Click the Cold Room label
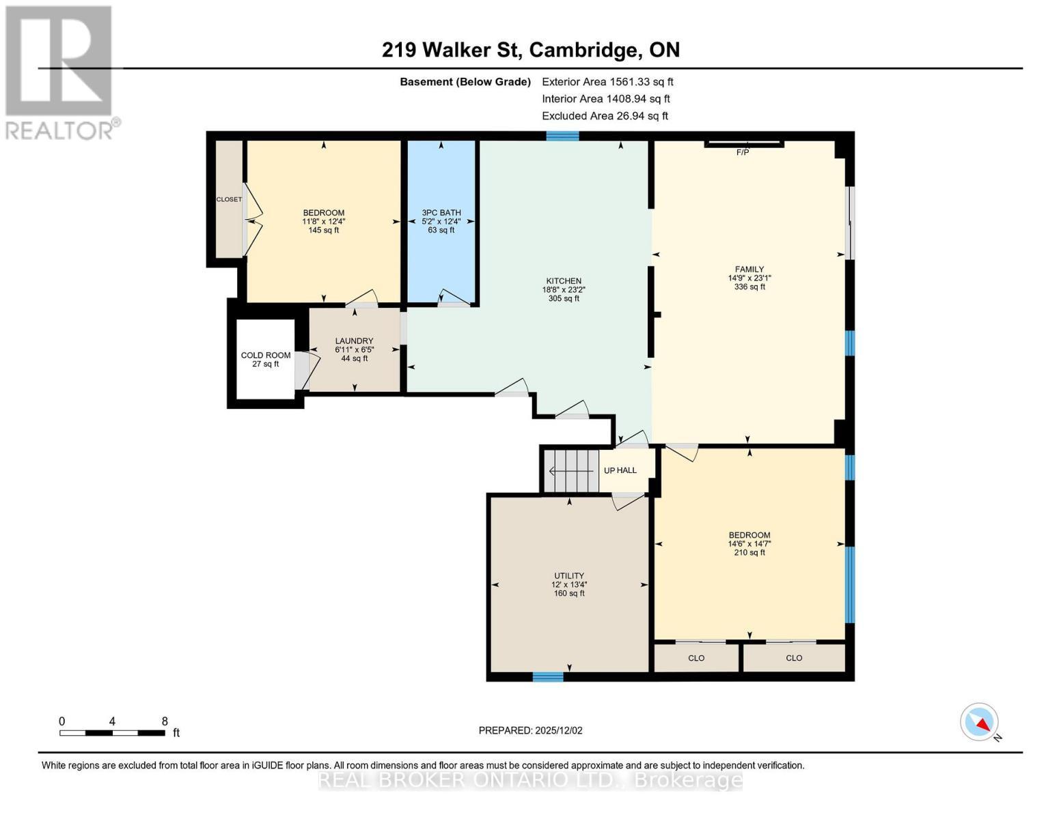pos(265,356)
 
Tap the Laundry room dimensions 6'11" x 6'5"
pos(354,350)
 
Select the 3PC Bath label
pos(441,213)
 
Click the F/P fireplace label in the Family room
pos(743,152)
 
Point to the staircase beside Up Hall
pos(572,471)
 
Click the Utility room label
pos(568,576)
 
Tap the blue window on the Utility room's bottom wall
pos(548,677)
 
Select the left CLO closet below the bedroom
pos(696,658)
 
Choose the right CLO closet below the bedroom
pos(794,658)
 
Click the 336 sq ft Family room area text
pos(749,287)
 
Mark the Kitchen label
pos(564,281)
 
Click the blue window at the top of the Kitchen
pos(562,136)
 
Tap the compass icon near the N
pos(979,722)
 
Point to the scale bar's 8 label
pos(165,721)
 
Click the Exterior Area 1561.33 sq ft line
pos(607,82)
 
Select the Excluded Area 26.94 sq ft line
pos(605,116)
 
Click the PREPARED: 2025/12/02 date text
pos(530,731)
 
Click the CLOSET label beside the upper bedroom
pos(229,199)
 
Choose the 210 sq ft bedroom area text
pos(749,553)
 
